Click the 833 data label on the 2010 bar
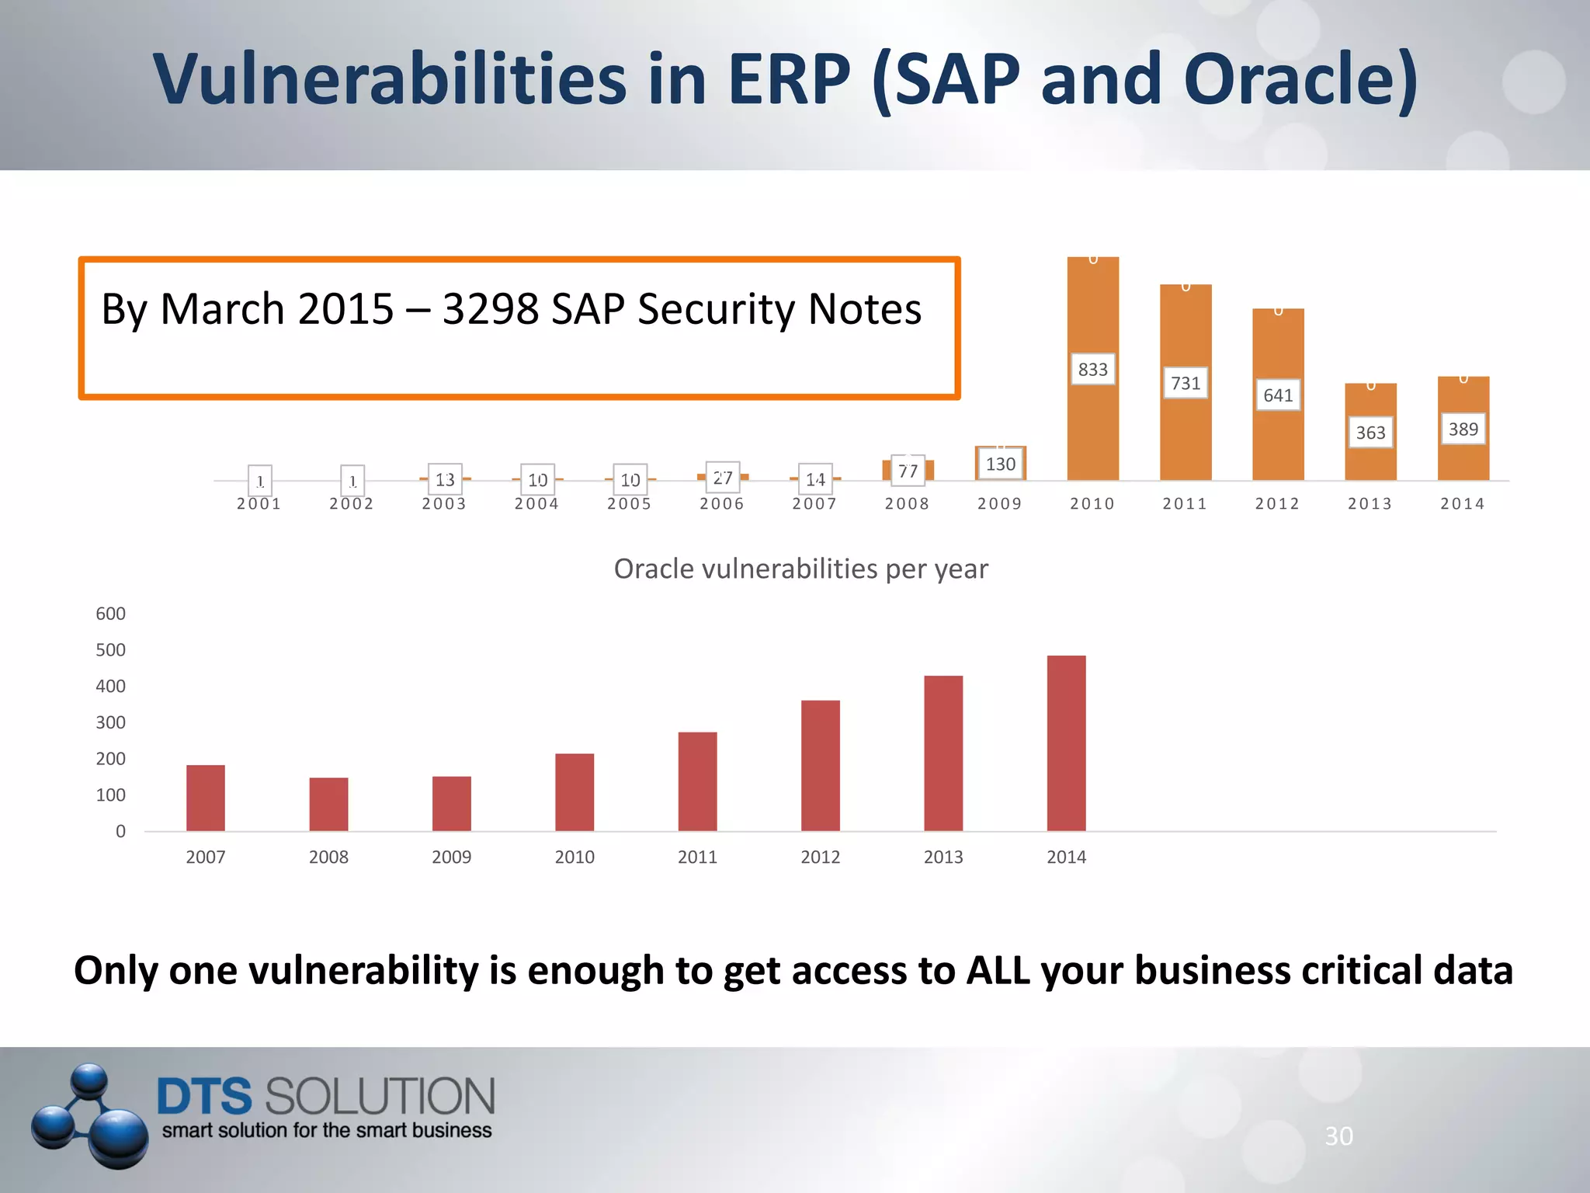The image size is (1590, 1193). [1092, 370]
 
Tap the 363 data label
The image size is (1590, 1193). [1370, 433]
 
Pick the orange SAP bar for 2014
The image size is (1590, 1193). [1463, 458]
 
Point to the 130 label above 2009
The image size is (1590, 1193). [1000, 464]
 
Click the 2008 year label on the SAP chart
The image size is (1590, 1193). [907, 504]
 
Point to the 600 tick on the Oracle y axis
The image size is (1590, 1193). [110, 614]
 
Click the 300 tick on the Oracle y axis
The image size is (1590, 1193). [110, 722]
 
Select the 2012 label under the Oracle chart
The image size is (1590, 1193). [820, 857]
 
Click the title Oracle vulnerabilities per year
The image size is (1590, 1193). [800, 569]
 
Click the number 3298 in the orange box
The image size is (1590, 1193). [490, 309]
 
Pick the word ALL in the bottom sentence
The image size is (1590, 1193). [997, 971]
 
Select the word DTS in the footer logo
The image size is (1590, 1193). [204, 1096]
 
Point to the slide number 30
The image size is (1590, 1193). [1338, 1136]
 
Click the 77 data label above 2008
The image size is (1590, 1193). [908, 471]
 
